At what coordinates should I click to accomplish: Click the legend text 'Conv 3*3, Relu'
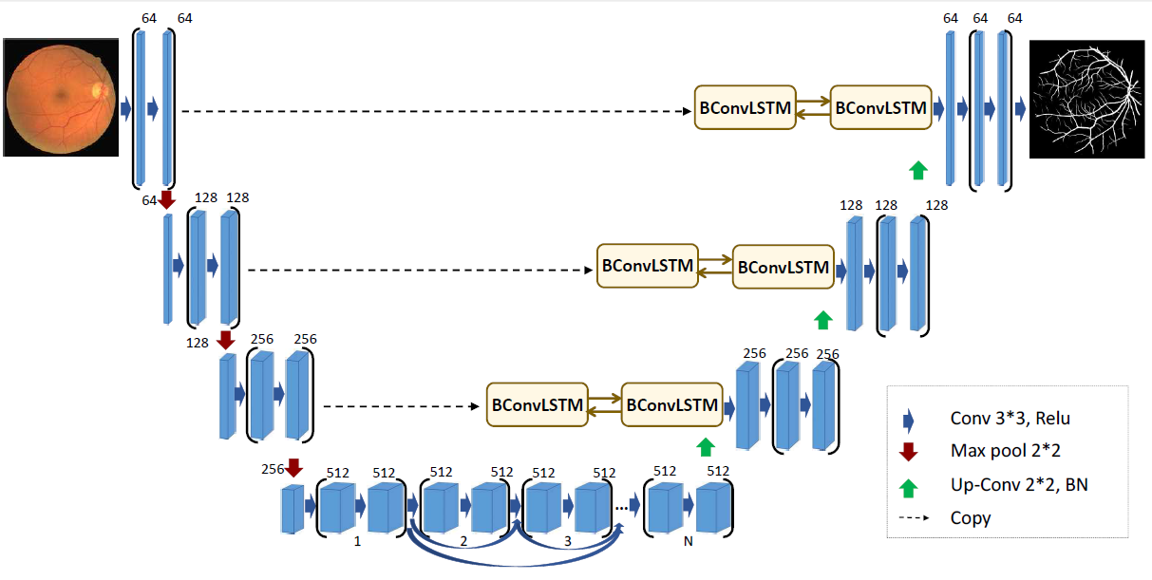coord(1003,419)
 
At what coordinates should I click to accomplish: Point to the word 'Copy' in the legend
coord(970,518)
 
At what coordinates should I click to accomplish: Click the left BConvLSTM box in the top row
coord(746,108)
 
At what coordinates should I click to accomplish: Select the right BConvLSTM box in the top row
coord(879,108)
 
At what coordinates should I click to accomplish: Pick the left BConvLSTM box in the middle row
coord(648,267)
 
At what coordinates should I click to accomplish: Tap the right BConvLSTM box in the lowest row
coord(671,405)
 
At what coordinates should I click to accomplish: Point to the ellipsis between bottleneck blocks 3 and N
coord(625,507)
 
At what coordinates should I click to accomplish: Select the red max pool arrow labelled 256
coord(293,467)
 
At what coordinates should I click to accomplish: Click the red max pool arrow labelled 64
coord(167,199)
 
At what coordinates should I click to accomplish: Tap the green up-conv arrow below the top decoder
coord(917,170)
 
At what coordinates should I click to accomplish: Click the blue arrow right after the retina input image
coord(124,109)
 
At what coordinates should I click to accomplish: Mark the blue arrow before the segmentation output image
coord(1020,109)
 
